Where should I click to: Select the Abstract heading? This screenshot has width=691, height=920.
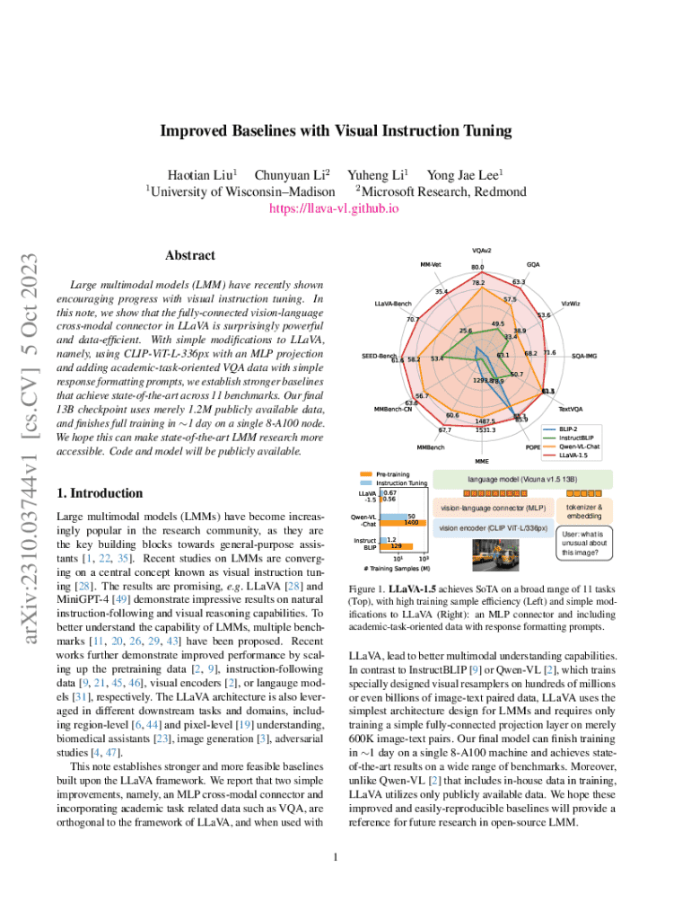(189, 256)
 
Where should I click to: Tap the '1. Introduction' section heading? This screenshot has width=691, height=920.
(99, 493)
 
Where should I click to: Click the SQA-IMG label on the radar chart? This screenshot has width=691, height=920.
(584, 355)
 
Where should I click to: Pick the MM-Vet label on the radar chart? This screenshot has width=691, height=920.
(431, 264)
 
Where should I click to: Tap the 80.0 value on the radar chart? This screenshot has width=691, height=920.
(477, 267)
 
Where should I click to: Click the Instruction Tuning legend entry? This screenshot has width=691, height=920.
(401, 483)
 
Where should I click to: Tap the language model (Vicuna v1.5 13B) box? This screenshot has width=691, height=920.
(521, 480)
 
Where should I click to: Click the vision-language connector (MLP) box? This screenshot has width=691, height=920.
(493, 509)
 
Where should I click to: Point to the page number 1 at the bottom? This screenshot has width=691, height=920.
(334, 856)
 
